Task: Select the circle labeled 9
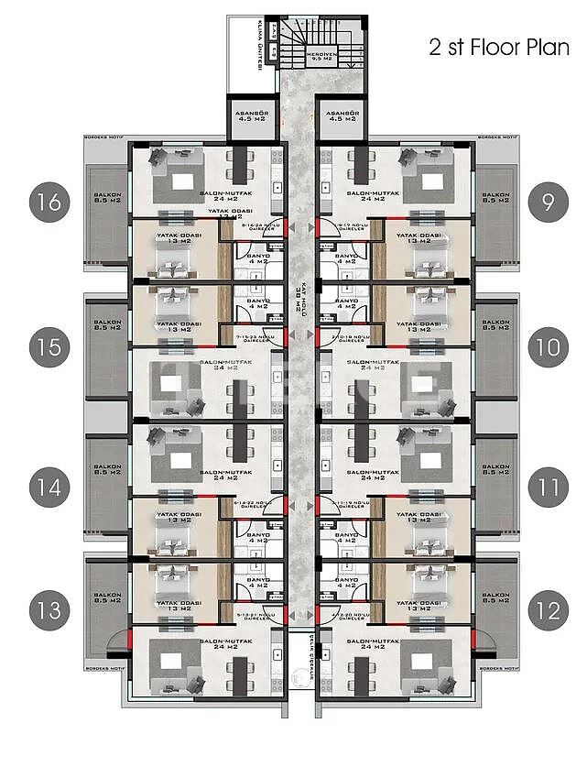[548, 202]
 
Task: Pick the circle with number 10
[548, 347]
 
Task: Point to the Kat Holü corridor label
[299, 298]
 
